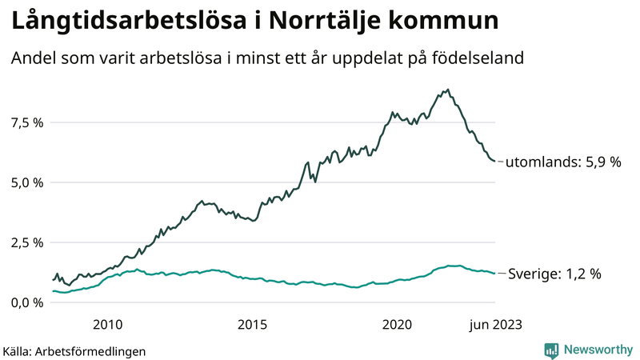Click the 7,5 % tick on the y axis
click(x=26, y=122)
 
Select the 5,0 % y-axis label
click(x=26, y=182)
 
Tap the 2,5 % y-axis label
click(x=26, y=242)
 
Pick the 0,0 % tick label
click(x=26, y=302)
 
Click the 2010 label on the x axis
click(x=107, y=324)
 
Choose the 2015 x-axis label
click(x=253, y=324)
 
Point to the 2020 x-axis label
click(x=398, y=324)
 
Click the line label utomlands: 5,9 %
click(x=562, y=162)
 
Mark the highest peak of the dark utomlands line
click(x=447, y=90)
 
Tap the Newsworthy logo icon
click(x=551, y=350)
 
